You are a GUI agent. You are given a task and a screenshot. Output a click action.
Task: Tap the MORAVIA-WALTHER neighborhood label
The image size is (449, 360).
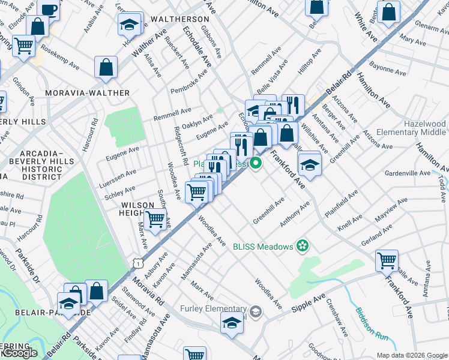(x=88, y=93)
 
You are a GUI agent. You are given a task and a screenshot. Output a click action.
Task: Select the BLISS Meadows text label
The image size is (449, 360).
(x=264, y=245)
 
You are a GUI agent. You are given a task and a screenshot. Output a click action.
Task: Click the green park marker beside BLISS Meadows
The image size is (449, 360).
(x=303, y=245)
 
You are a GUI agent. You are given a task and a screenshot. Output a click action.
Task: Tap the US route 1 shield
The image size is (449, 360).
(x=139, y=263)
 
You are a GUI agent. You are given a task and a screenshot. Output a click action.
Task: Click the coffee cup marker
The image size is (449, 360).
(x=49, y=10)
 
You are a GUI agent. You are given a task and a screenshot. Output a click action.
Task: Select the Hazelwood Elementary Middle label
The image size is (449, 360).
(x=411, y=128)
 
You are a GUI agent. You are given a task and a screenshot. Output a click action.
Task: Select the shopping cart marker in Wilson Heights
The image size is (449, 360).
(x=156, y=220)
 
